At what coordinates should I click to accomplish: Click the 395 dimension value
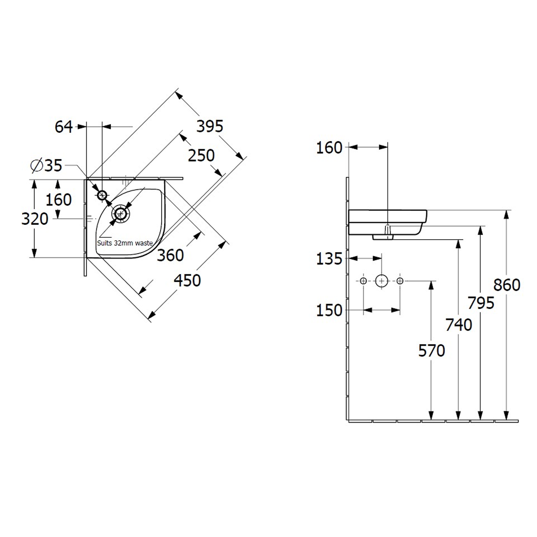coord(210,126)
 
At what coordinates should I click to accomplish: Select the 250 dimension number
coord(201,156)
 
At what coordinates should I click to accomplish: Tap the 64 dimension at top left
coord(64,127)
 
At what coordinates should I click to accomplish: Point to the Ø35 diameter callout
coord(46,166)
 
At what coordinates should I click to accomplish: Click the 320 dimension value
coord(35,219)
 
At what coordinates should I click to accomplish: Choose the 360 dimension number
coord(170,256)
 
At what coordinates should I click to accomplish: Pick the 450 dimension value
coord(187,280)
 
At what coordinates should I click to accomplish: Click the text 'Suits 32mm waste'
coord(125,243)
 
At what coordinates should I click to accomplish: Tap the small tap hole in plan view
coord(102,195)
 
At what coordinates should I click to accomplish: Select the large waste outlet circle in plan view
coord(120,214)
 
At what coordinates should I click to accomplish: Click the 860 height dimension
coord(507,285)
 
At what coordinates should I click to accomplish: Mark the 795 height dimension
coord(481,303)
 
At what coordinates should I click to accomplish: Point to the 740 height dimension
coord(458,325)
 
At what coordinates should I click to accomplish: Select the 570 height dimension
coord(432,351)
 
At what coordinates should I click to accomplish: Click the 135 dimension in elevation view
coord(329,259)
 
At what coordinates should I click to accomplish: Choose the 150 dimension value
coord(329,311)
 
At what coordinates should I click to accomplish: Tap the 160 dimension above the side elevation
coord(329,148)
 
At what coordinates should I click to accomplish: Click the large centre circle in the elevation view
coord(381,281)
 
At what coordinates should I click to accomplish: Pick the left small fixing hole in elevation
coord(363,281)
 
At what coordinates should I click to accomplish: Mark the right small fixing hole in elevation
coord(400,281)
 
